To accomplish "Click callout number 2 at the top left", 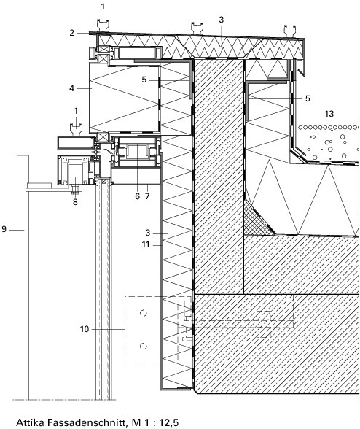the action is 71,33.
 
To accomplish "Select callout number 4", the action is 71,88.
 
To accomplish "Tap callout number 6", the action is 137,196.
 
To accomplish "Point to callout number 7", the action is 147,196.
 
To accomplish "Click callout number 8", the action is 75,202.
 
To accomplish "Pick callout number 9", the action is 4,229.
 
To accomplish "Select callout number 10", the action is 85,329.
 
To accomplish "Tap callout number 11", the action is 146,244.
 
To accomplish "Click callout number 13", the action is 329,114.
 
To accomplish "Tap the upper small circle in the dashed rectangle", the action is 143,313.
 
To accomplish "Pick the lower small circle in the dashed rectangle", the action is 143,347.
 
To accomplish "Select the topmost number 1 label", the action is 103,7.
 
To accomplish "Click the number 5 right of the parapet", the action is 308,98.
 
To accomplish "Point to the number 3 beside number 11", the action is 148,233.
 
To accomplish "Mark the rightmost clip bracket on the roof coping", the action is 290,31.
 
